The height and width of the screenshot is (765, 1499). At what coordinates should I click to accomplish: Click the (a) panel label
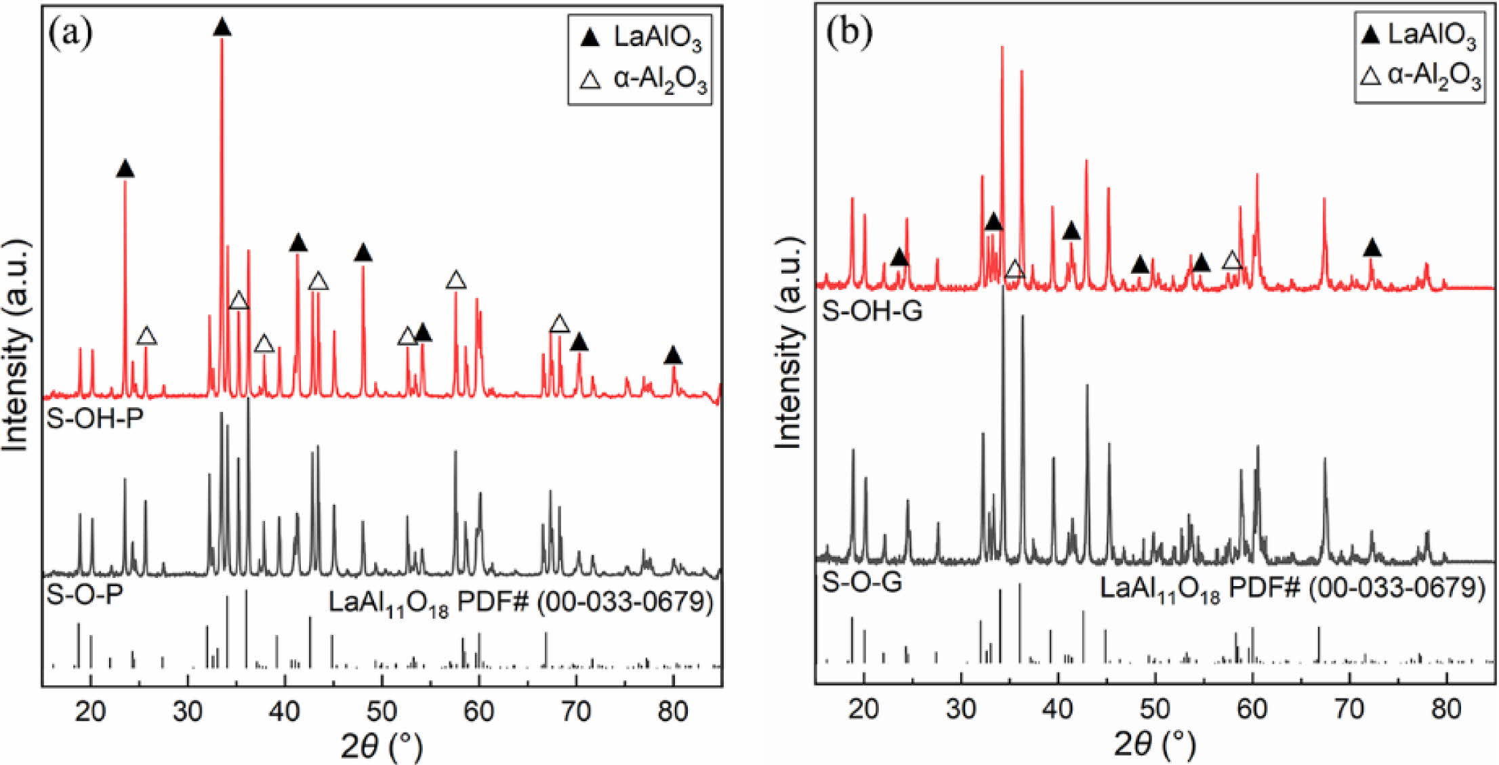(71, 33)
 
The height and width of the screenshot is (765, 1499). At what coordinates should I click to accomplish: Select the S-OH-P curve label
(95, 417)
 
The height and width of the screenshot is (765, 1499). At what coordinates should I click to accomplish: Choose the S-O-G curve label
(861, 582)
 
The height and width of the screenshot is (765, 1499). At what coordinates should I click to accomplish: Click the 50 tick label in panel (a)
(382, 711)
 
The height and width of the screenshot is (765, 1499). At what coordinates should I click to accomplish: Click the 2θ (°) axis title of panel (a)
(382, 746)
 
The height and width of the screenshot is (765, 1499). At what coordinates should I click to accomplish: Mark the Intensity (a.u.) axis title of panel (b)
(787, 344)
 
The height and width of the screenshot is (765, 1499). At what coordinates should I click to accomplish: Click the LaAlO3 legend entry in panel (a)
(640, 39)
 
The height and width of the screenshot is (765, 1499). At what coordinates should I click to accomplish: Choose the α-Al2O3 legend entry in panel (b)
(1421, 77)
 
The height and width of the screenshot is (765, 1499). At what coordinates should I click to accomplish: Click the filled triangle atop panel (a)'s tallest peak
(222, 28)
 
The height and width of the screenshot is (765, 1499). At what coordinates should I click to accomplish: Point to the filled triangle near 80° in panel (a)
(672, 355)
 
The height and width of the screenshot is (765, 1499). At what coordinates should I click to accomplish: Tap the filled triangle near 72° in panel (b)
(1372, 248)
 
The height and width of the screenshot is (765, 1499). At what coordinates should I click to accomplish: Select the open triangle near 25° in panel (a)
(147, 335)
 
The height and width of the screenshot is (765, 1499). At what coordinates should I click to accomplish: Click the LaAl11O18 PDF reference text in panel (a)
(520, 602)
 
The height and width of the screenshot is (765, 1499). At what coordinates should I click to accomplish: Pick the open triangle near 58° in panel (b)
(1232, 260)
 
